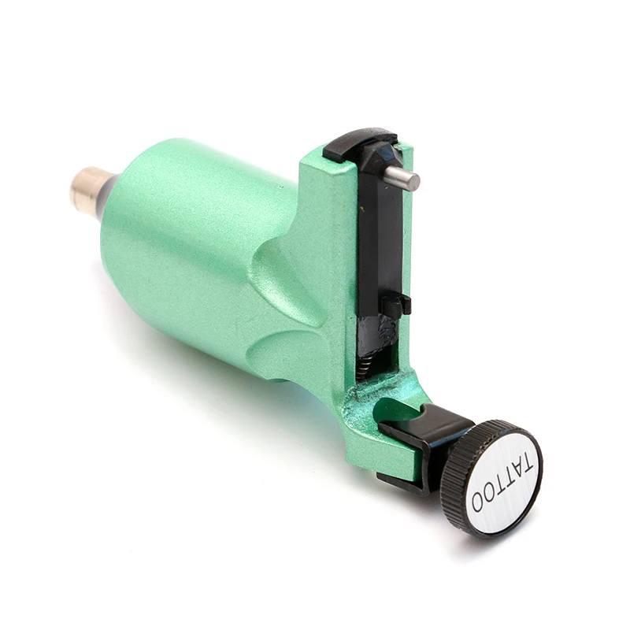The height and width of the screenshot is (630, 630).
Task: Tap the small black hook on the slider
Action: [396, 306]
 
